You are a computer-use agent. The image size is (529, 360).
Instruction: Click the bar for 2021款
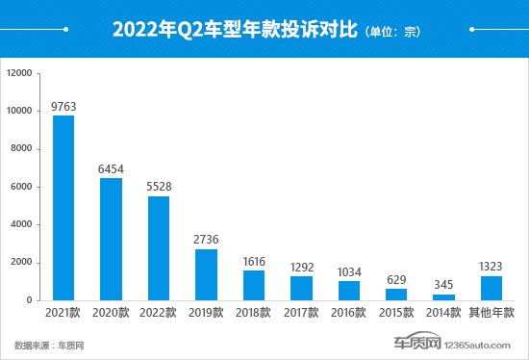63,208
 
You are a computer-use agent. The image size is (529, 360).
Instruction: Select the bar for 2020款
111,239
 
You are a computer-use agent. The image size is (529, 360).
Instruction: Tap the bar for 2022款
159,247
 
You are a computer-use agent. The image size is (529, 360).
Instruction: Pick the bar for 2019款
206,274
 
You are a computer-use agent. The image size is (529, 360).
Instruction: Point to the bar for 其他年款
491,288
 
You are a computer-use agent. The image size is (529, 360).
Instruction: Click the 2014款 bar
443,296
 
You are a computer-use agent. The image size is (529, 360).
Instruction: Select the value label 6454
111,169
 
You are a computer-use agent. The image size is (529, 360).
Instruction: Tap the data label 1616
254,261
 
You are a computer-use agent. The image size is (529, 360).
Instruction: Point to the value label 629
396,280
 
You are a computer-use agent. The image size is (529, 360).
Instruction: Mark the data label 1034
348,272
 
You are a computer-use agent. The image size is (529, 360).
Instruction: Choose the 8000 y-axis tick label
22,148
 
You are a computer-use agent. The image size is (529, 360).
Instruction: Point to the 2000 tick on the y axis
22,262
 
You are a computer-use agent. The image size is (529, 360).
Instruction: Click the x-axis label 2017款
301,313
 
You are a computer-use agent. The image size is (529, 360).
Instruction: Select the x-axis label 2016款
348,313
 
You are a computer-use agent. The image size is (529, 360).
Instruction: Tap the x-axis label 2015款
396,313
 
